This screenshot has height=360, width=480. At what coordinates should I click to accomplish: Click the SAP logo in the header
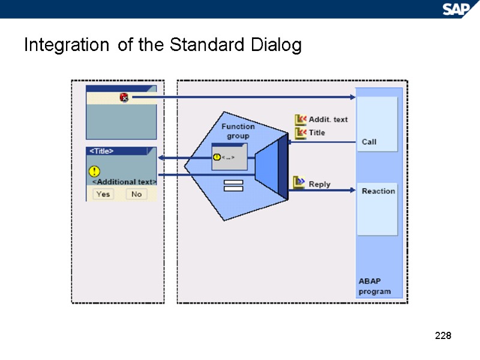coord(457,9)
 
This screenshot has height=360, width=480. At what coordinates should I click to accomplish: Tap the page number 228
coord(443,335)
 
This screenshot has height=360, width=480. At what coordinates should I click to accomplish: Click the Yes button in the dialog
coord(103,194)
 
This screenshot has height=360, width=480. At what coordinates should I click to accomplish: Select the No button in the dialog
coord(136,194)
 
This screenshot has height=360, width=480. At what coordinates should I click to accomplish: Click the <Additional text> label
coord(124,181)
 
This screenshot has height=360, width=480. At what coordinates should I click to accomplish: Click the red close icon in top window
coord(124,97)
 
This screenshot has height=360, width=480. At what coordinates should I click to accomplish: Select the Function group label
coord(238,131)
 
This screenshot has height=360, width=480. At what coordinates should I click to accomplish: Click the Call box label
coord(369,142)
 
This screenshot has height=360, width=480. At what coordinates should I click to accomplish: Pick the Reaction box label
coord(378,191)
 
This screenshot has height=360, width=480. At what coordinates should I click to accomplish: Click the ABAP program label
coord(374,286)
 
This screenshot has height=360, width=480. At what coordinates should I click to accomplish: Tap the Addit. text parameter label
coord(328,119)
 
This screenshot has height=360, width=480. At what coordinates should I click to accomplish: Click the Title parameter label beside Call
coord(317,133)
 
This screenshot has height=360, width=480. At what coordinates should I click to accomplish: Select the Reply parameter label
coord(319,184)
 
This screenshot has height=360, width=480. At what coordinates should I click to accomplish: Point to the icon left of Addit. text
coord(301,119)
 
